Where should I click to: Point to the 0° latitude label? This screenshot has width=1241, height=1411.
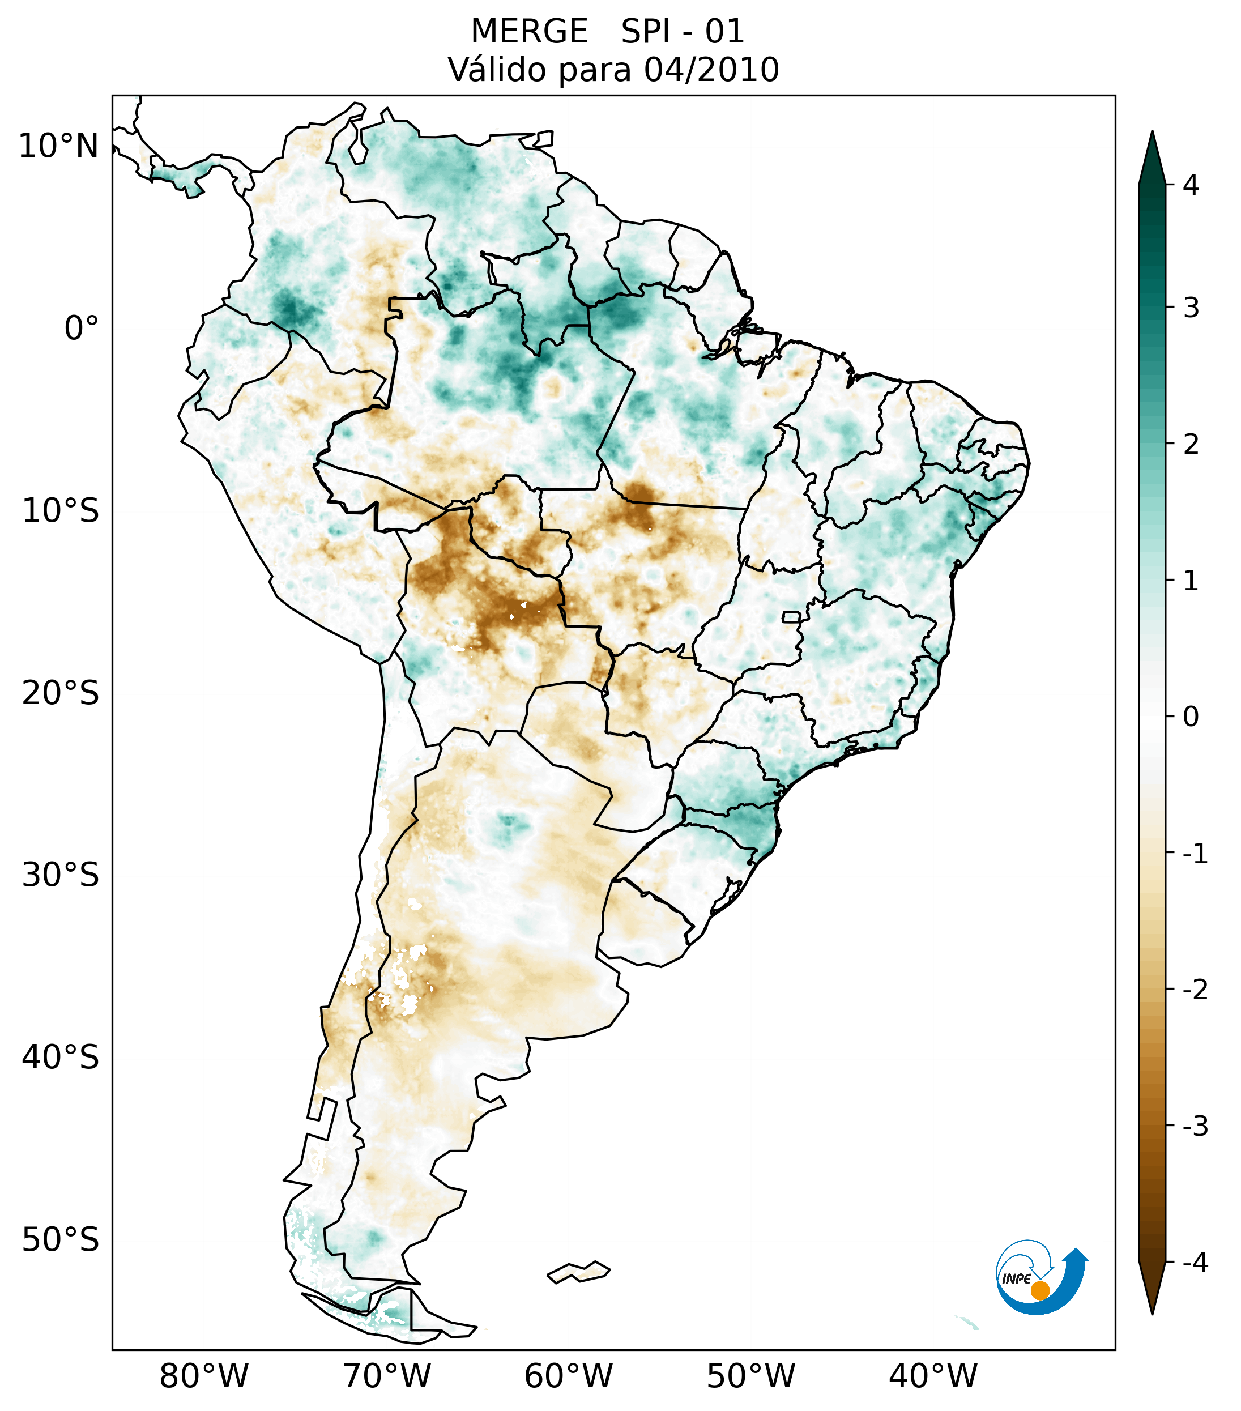(x=81, y=328)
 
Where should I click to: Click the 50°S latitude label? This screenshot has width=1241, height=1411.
(x=61, y=1240)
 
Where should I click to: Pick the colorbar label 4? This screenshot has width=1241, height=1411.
(x=1191, y=185)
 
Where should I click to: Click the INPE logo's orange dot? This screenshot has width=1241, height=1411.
(x=1039, y=1290)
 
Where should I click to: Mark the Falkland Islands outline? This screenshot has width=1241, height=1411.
(x=578, y=1272)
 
